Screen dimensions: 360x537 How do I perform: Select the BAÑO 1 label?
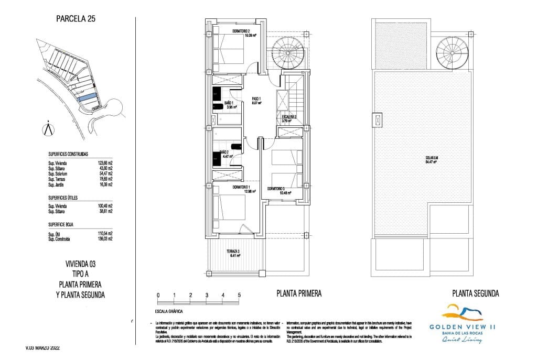coord(229,103)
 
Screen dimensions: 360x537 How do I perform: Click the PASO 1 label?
coord(256,99)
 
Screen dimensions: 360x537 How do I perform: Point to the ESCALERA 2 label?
coord(289,117)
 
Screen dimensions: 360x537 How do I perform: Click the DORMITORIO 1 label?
coord(242,187)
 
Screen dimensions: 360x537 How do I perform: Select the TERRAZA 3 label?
coord(233,252)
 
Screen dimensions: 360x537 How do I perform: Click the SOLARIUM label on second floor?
coord(432,157)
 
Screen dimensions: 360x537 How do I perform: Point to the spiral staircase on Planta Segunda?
coord(454,52)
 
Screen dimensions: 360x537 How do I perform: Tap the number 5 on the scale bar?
coord(239,295)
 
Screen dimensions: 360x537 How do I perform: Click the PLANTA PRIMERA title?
coord(298,294)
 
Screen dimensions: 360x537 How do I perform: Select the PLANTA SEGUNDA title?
coord(475,294)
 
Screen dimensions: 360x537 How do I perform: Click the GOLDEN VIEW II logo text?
coord(463,326)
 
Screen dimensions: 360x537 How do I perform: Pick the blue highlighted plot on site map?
coord(87,97)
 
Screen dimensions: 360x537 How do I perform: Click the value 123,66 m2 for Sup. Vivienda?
coord(105,163)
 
